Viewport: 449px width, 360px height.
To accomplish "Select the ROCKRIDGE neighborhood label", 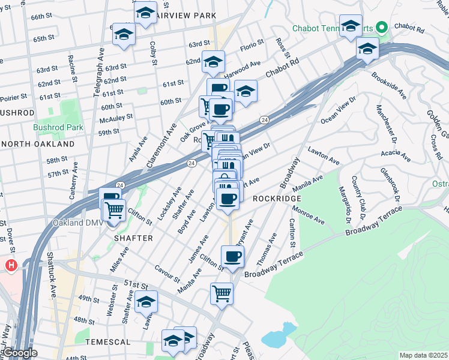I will coord(275,198).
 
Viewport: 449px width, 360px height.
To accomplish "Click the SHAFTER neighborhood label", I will coord(133,238).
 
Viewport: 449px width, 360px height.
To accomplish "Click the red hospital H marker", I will coord(11,265).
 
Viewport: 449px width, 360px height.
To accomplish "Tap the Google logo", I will coord(19,353).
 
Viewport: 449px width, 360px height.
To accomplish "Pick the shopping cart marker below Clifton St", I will coord(221,294).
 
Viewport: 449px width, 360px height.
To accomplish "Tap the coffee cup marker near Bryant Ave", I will coord(233,257).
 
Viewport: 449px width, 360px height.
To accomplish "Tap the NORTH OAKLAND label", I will coord(37,144).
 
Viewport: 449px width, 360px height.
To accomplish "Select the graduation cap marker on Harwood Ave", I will coord(213,61).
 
